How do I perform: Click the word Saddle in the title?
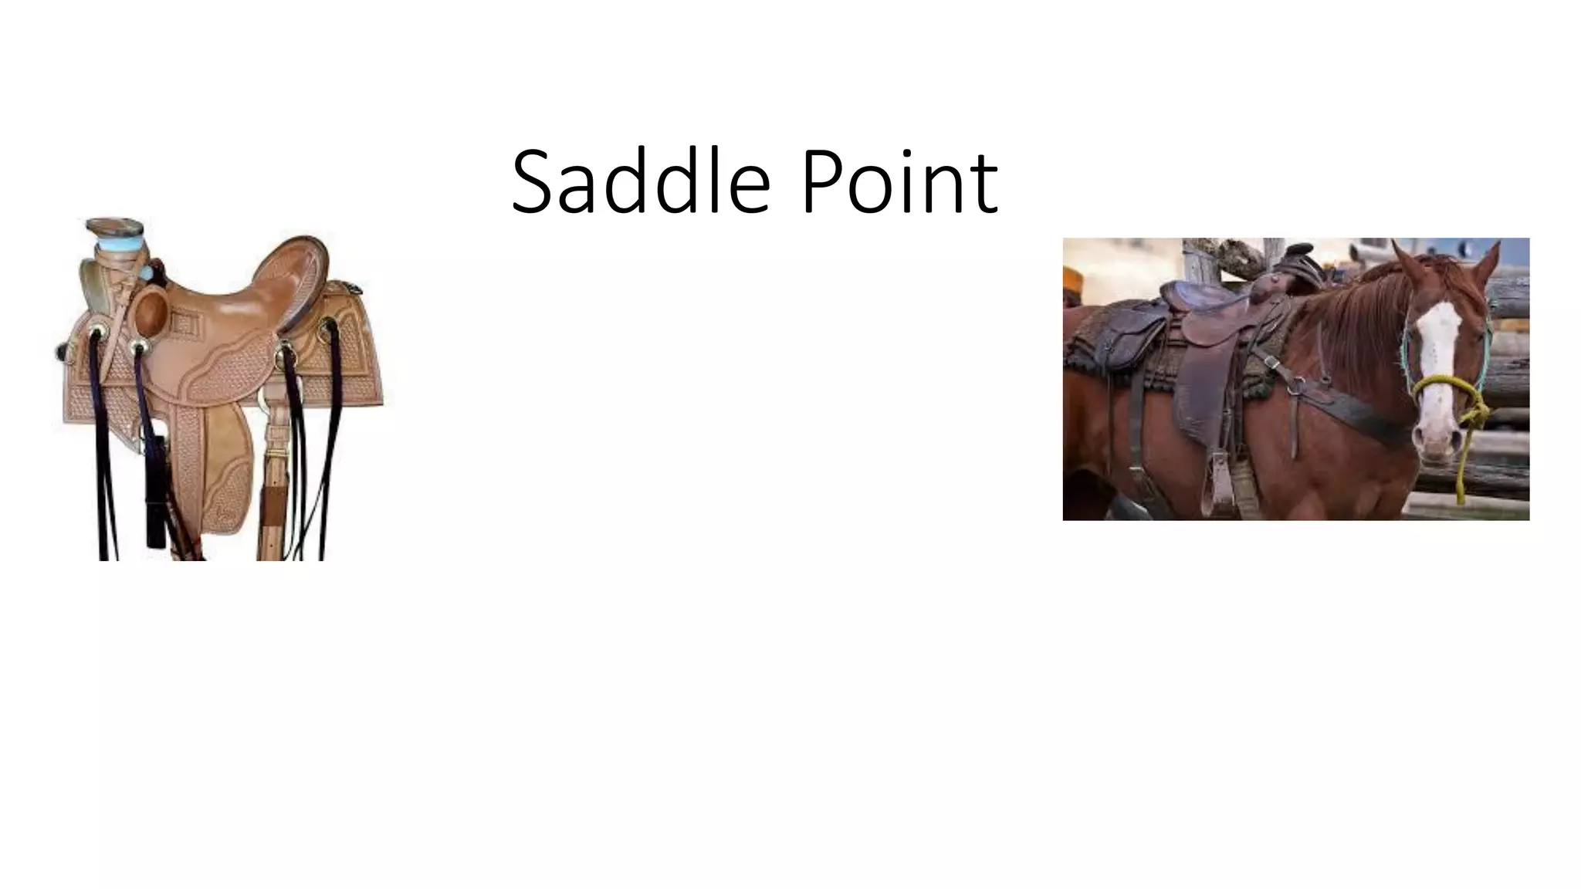coord(641,182)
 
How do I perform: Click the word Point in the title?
coord(900,182)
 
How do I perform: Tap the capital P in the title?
coord(822,182)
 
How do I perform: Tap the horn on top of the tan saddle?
coord(114,228)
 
